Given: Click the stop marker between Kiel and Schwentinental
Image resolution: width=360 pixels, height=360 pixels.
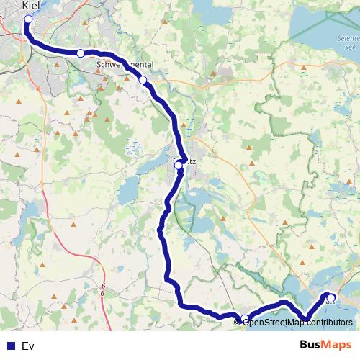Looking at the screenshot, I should click(81, 53).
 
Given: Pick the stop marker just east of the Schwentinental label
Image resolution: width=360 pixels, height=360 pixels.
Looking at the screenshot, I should click(143, 80).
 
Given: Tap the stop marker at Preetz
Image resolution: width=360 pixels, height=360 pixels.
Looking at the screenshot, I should click(179, 165).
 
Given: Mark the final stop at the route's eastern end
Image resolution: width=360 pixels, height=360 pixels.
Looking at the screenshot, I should click(330, 297).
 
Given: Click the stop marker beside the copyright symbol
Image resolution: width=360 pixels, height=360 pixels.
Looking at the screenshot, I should click(245, 319).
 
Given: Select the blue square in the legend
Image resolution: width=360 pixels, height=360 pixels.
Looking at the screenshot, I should click(10, 346).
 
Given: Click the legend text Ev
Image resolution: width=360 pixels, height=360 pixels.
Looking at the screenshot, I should click(28, 346).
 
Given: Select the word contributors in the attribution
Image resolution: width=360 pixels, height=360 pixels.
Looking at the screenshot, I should click(328, 322).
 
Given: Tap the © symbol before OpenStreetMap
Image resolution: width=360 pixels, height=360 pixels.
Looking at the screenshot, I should click(238, 322).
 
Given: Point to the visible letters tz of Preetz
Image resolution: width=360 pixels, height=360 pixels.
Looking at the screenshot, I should click(192, 161).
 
